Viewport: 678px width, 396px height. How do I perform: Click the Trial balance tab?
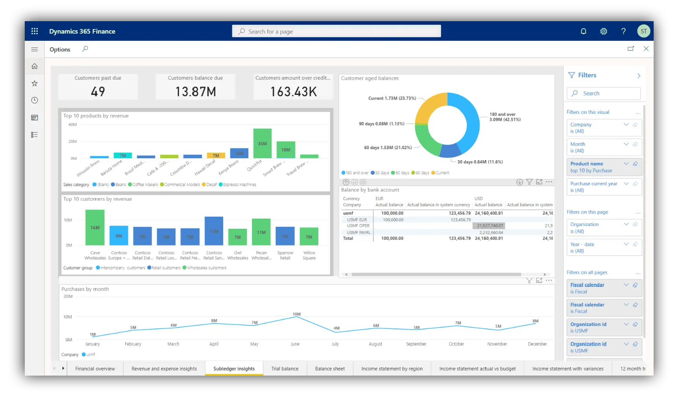tap(285, 369)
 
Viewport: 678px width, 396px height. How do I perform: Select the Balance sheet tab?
tap(330, 369)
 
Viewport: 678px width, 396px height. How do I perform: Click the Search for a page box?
tap(336, 31)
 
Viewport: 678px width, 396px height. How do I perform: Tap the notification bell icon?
tap(583, 31)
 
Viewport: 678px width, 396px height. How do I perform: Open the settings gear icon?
tap(603, 31)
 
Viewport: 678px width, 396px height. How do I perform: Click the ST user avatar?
tap(643, 31)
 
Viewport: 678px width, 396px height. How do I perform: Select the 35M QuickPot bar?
tap(262, 143)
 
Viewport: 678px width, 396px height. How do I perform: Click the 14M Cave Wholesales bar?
tap(95, 228)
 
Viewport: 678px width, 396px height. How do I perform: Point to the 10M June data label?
tap(296, 314)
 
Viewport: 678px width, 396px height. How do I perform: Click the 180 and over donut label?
tap(505, 117)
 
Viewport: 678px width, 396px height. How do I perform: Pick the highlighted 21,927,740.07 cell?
tap(490, 226)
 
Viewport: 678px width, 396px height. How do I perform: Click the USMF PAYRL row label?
tap(358, 232)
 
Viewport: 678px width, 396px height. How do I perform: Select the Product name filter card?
tap(604, 167)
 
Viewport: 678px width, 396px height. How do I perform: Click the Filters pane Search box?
tap(603, 93)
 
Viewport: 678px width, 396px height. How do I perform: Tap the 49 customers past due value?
tap(98, 92)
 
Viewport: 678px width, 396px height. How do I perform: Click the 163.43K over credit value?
tap(293, 92)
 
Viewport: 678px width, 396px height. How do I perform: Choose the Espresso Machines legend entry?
tap(239, 184)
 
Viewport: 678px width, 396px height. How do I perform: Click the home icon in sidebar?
tap(35, 66)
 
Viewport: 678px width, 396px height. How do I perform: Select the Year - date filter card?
tap(604, 247)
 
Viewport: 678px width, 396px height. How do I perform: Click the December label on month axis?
tap(537, 344)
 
